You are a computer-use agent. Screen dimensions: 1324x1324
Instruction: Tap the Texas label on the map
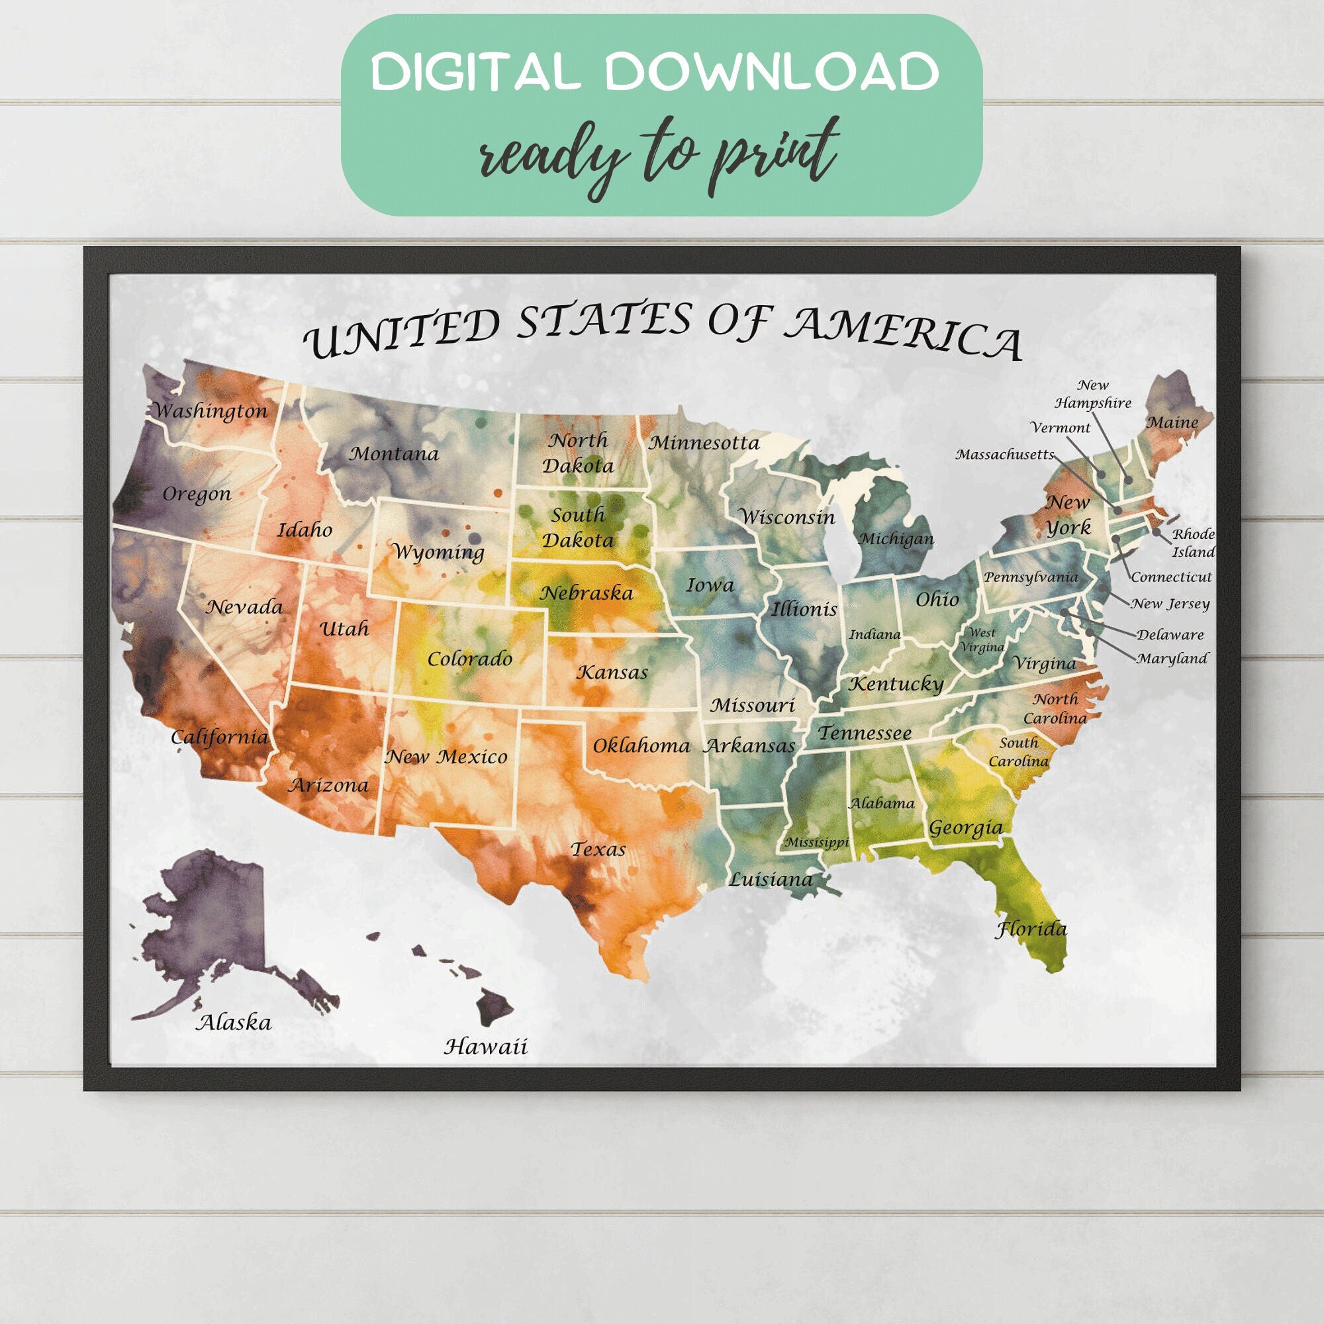click(598, 850)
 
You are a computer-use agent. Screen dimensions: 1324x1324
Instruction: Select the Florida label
click(1031, 929)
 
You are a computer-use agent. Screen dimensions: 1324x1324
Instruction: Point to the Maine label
click(1172, 423)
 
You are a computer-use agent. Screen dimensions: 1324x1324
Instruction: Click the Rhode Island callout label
click(1193, 543)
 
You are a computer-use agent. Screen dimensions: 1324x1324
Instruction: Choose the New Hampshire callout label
click(1092, 395)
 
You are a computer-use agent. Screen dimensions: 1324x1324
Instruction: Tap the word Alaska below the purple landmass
click(234, 1023)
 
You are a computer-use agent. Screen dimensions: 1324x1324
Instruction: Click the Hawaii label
click(486, 1047)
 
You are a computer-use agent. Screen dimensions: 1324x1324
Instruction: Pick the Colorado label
click(469, 659)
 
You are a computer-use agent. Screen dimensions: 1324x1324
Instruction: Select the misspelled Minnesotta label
click(704, 443)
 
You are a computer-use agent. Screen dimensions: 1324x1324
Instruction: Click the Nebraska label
click(587, 592)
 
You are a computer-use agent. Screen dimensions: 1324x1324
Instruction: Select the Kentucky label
click(896, 684)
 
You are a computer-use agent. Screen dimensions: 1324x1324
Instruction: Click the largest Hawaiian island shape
click(495, 1006)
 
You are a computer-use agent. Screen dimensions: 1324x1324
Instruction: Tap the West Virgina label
click(981, 639)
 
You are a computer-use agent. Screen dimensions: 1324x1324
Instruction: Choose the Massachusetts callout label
click(1005, 454)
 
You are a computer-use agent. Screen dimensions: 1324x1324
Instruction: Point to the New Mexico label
click(447, 757)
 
